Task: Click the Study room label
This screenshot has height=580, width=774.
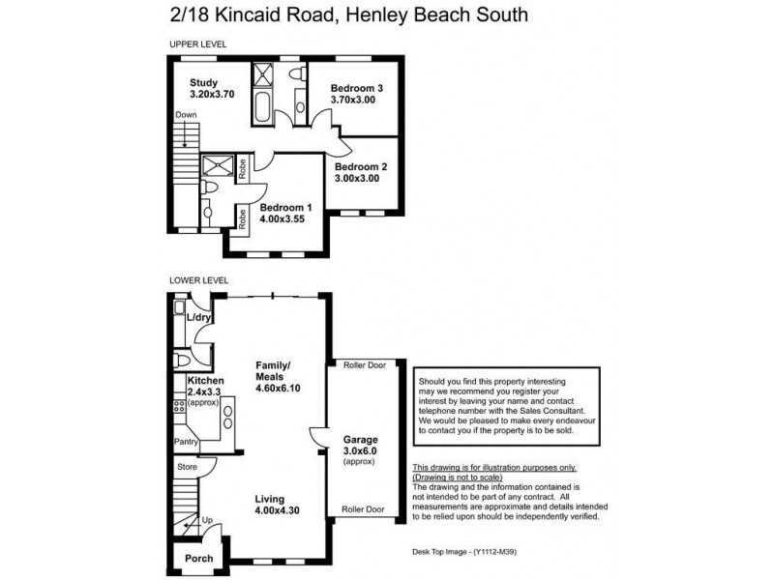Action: [x=203, y=82]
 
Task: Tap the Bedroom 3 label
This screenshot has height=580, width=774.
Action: [x=357, y=88]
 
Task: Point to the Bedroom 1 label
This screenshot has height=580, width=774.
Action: [x=285, y=208]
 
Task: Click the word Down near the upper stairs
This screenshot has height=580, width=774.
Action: [x=187, y=115]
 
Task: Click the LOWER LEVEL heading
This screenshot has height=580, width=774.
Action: [x=198, y=280]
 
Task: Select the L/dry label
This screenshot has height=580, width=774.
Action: [x=199, y=317]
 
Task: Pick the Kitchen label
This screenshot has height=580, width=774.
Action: [x=205, y=381]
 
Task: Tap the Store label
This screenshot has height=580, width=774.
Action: [x=187, y=467]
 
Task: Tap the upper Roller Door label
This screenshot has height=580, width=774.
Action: [x=364, y=365]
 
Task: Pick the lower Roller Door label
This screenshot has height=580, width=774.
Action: [x=364, y=509]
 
